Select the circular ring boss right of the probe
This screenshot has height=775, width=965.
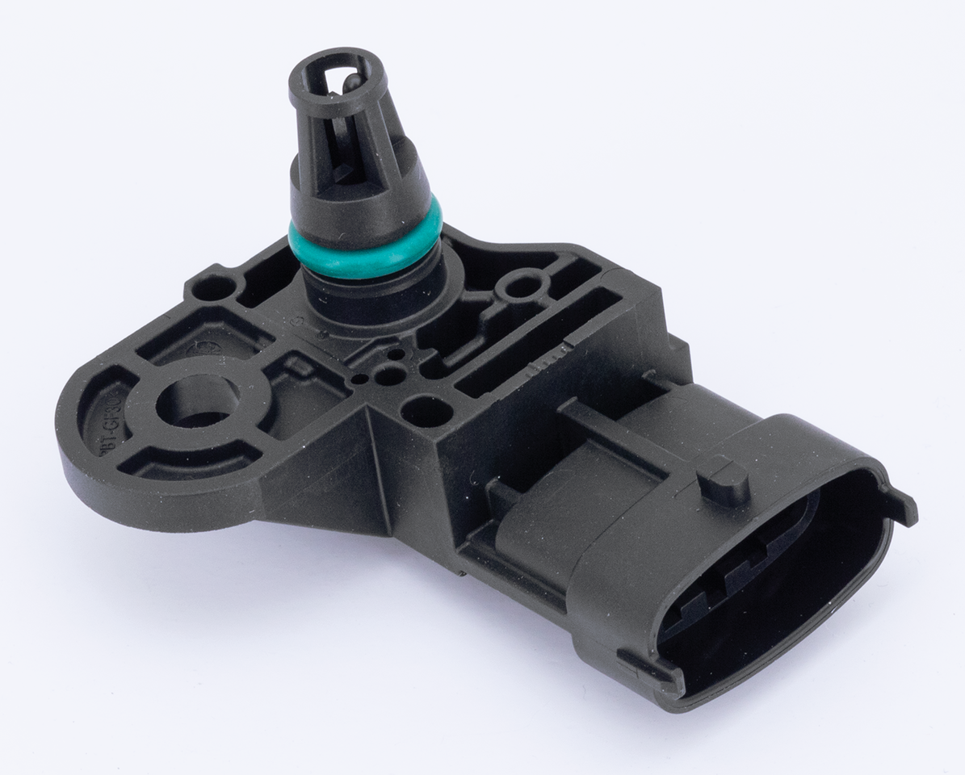[522, 284]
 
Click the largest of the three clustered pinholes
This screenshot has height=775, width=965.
[390, 375]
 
